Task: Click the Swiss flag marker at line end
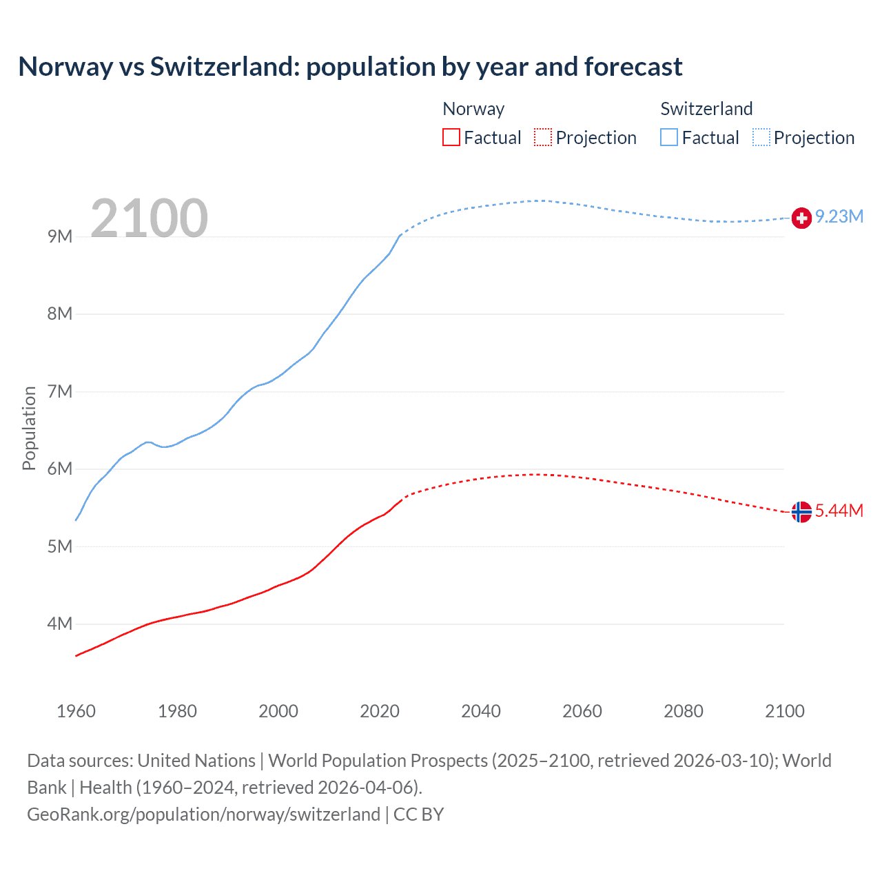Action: pos(801,218)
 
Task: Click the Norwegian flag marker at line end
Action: pos(801,512)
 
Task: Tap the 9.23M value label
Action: pos(839,216)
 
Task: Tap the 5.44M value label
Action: pos(839,511)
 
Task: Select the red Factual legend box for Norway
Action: pos(451,137)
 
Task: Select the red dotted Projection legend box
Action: pos(543,137)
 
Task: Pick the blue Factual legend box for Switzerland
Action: pos(669,137)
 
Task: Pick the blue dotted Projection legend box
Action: pos(761,137)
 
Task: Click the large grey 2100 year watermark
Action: pos(149,218)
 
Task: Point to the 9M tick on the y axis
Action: pos(60,236)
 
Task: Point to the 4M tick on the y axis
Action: pos(60,624)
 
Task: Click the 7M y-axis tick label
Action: pos(60,391)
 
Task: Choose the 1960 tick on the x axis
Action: pos(76,711)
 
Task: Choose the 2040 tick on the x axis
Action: pos(481,711)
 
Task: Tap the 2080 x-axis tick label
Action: pos(684,711)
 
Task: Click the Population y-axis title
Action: pos(29,428)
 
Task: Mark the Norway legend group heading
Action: pos(473,109)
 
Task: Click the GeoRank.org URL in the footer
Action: pos(203,814)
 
